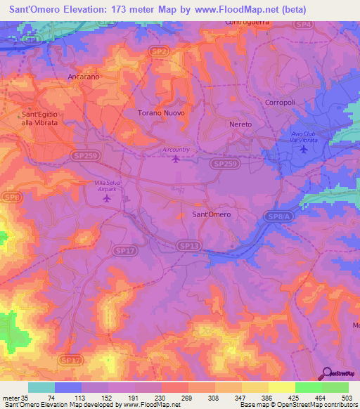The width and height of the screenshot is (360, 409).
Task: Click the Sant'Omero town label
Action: tap(211, 214)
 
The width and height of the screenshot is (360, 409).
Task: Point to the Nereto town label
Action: tap(240, 124)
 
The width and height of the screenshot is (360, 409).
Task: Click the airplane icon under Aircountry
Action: tap(176, 157)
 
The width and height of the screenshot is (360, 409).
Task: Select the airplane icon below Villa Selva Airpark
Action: tap(107, 198)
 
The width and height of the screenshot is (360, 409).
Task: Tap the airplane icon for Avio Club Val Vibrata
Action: tap(304, 149)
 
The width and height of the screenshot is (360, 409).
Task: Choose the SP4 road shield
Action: tap(303, 25)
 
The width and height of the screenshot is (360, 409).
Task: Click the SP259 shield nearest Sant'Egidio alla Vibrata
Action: tap(85, 155)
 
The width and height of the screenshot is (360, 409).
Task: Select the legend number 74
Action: tap(52, 397)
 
